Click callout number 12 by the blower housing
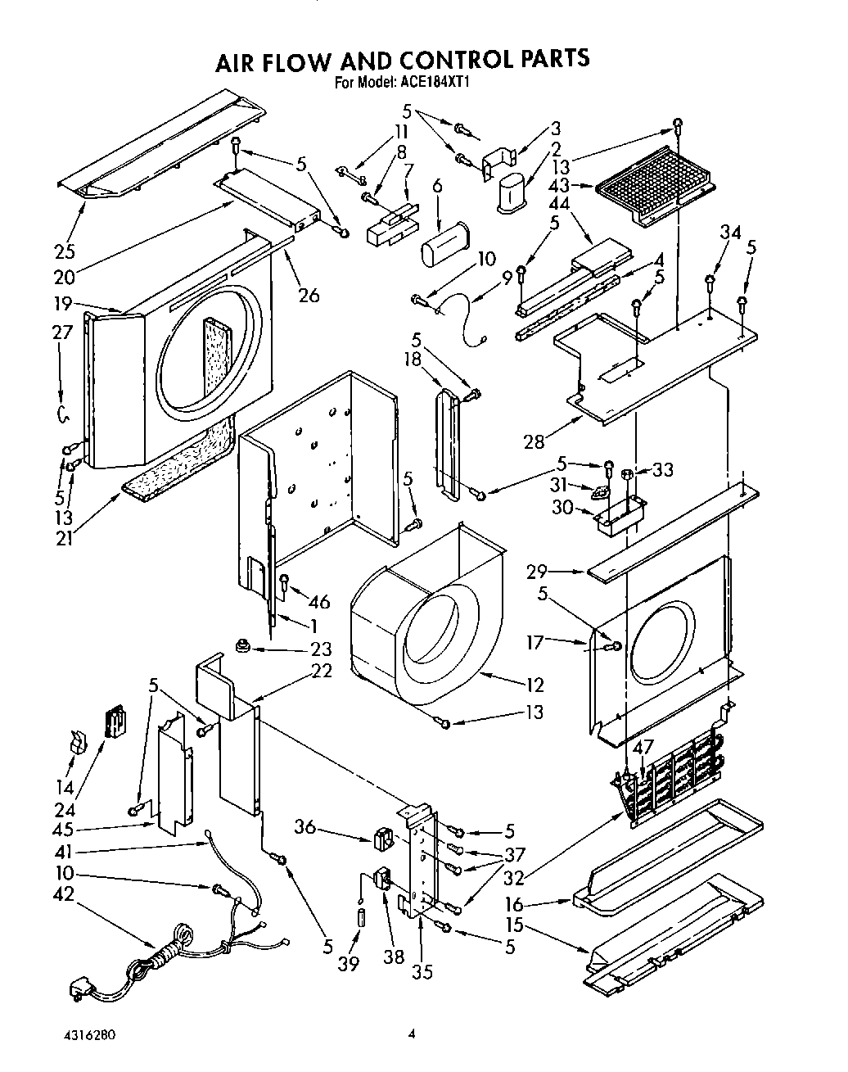coord(535,684)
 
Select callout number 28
coord(535,443)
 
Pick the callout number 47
coord(643,747)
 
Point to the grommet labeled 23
coord(242,647)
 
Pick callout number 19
coord(65,304)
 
